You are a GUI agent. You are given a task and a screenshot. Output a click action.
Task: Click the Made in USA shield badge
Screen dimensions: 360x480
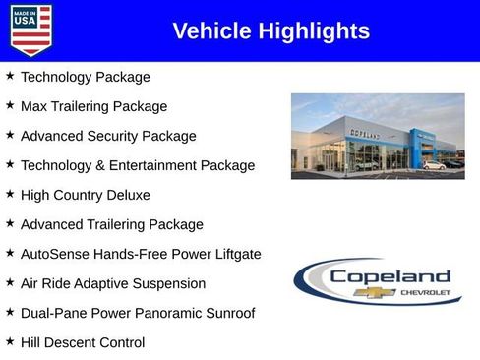tap(30, 30)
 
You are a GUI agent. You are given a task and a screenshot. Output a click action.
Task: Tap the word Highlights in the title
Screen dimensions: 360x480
tap(313, 31)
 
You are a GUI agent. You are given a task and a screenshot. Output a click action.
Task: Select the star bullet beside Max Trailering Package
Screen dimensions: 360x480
tap(10, 105)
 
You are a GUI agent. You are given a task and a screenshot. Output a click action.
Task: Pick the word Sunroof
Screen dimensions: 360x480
tap(226, 313)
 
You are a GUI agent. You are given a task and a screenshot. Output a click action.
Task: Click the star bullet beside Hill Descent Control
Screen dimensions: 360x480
tap(10, 341)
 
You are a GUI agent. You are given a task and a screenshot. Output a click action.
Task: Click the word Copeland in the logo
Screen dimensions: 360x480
tap(390, 276)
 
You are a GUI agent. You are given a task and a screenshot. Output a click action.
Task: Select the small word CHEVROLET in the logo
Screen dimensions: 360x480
tap(425, 293)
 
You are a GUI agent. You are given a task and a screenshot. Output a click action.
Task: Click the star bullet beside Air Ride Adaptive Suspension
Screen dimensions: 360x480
tap(10, 282)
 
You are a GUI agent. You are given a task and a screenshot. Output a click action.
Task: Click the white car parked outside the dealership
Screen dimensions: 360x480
tap(434, 165)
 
